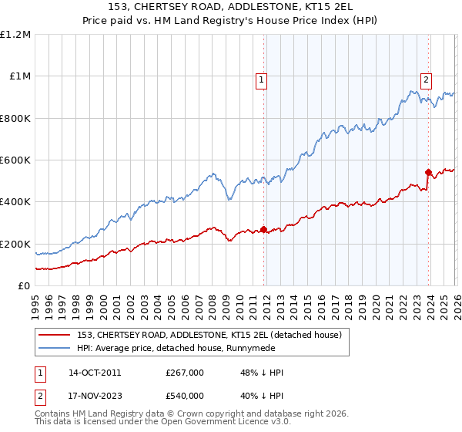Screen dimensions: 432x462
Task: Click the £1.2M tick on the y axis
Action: click(15, 35)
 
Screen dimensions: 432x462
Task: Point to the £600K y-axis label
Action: click(15, 160)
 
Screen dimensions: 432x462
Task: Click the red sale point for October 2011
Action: click(263, 229)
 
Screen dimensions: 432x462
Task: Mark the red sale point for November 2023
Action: click(429, 172)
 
